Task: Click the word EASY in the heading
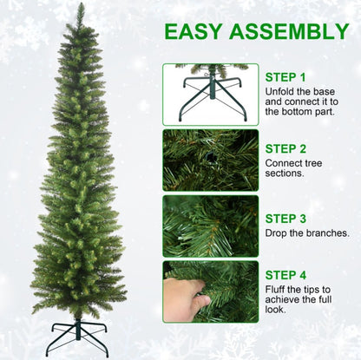[196, 32]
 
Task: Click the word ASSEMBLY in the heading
[291, 32]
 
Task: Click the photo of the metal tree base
[210, 95]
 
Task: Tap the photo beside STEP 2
[210, 160]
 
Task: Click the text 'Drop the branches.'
[307, 233]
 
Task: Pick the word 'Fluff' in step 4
[277, 289]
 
